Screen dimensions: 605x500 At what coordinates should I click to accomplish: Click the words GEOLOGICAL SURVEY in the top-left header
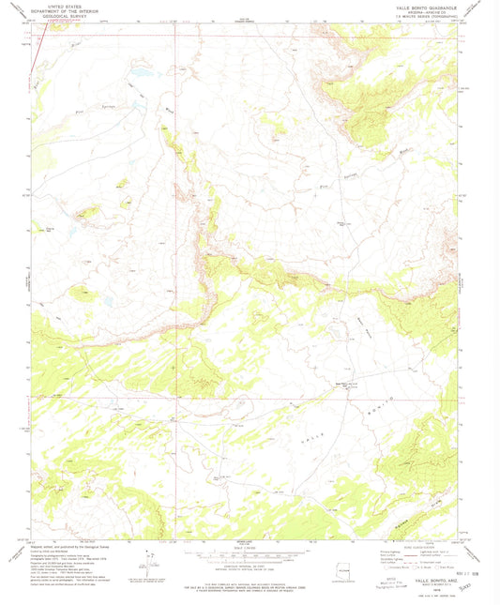click(x=64, y=16)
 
